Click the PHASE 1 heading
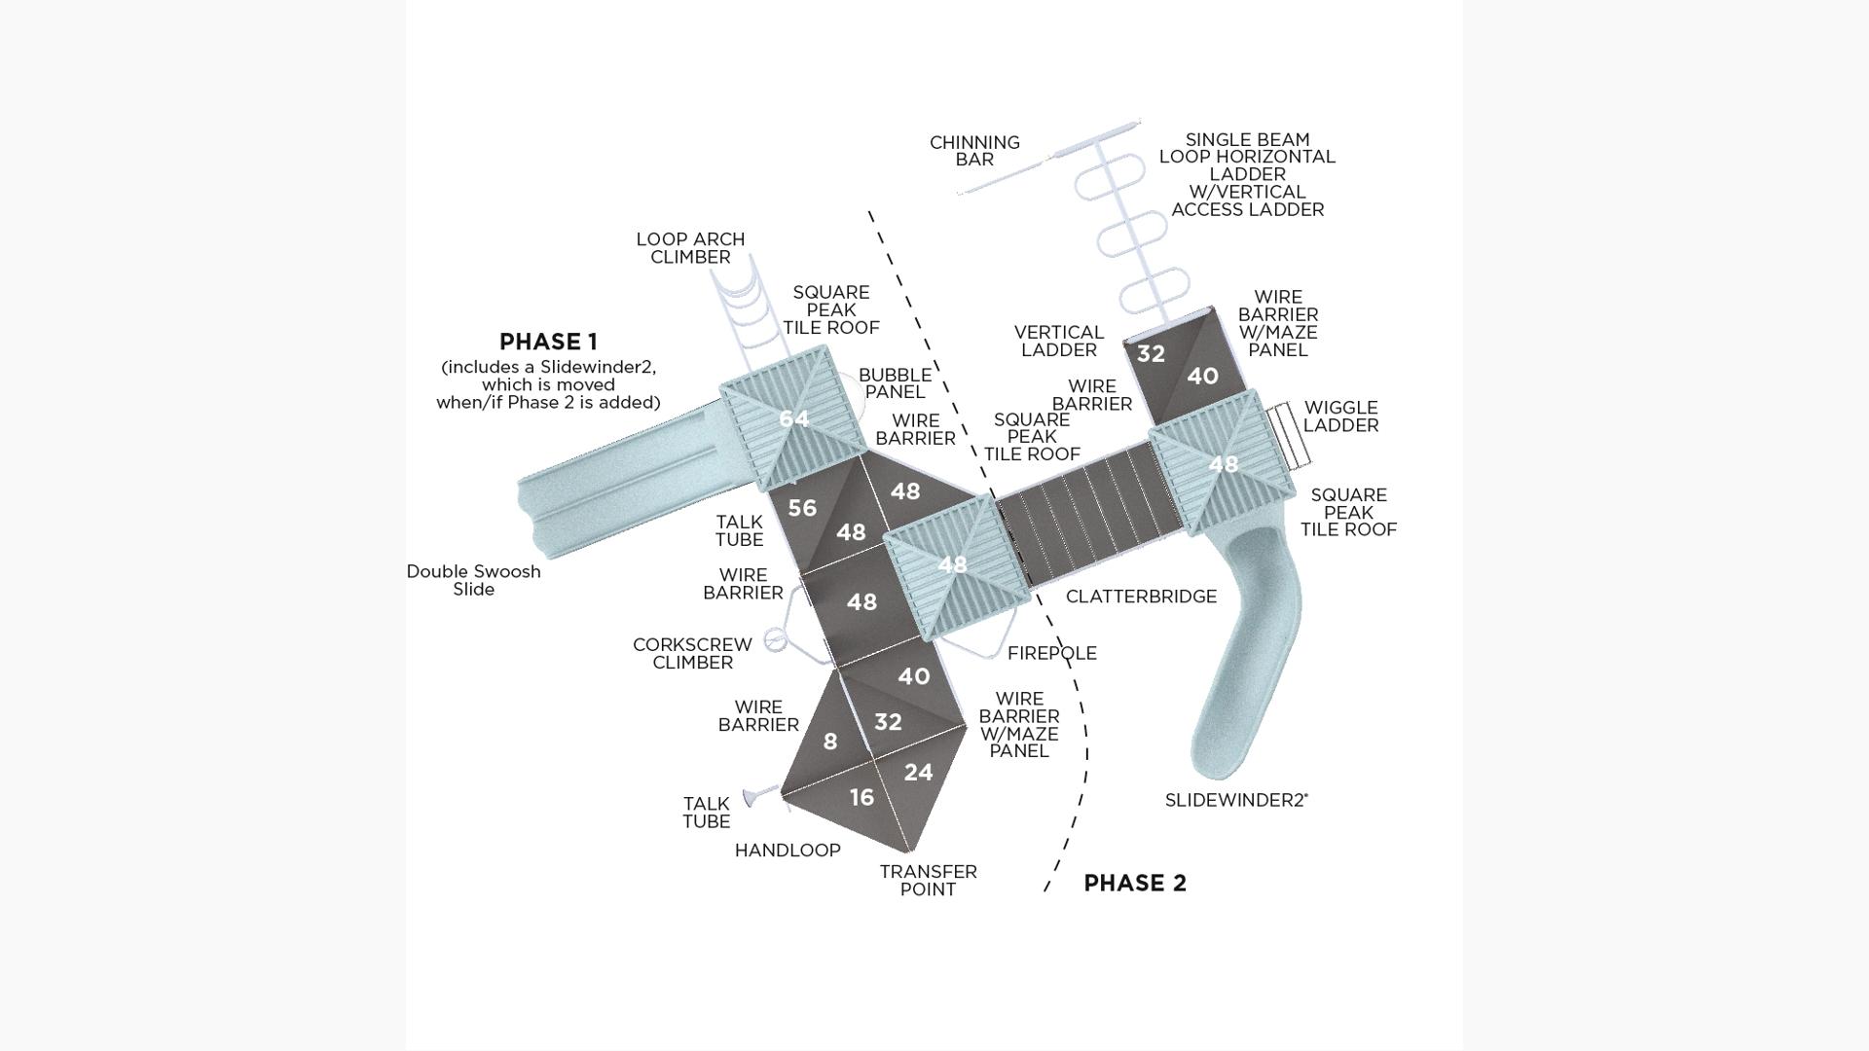point(548,342)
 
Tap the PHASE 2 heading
point(1135,883)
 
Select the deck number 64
point(793,418)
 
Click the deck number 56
point(802,508)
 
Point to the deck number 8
point(830,743)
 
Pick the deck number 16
point(861,798)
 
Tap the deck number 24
point(918,773)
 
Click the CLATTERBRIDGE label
point(1141,597)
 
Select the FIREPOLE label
point(1051,654)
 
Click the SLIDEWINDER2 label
point(1235,801)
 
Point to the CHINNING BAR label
point(974,151)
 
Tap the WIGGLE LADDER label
point(1340,417)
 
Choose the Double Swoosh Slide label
point(473,580)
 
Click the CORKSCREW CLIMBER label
point(692,653)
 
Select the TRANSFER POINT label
point(928,881)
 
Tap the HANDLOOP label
point(788,851)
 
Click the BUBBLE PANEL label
point(895,383)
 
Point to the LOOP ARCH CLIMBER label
point(690,248)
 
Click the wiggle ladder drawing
point(1287,435)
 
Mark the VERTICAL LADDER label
point(1058,342)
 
